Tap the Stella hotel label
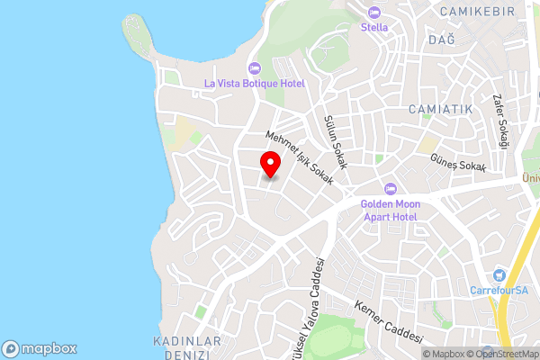click(374, 27)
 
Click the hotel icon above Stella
click(374, 13)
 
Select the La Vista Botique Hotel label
click(255, 84)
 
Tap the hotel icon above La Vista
click(255, 68)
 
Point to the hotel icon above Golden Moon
click(390, 189)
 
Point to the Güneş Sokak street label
click(458, 163)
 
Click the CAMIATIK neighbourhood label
click(440, 109)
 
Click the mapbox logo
click(39, 348)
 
